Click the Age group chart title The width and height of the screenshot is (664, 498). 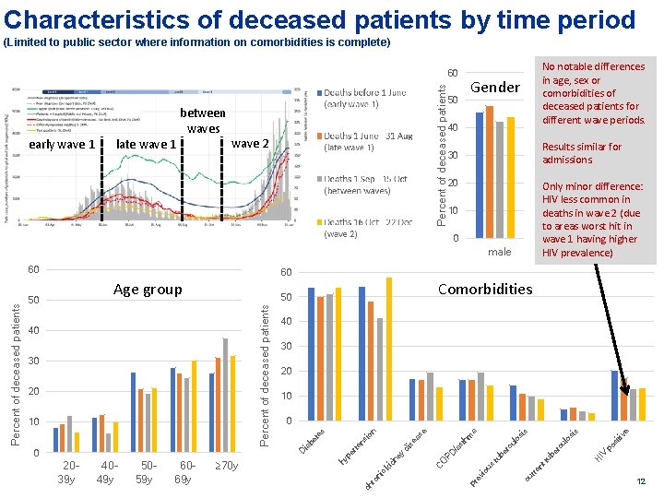pos(148,290)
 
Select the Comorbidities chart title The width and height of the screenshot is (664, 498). pos(485,289)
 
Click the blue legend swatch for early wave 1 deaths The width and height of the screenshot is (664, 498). pos(318,93)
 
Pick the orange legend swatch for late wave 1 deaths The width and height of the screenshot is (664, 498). pos(318,136)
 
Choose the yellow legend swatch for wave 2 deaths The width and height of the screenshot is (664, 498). pos(318,222)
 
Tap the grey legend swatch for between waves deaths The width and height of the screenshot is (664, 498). pos(318,179)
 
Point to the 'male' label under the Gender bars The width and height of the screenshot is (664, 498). pos(499,252)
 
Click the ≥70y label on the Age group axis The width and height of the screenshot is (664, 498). pos(226,466)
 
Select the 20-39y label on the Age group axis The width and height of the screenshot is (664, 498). pos(66,472)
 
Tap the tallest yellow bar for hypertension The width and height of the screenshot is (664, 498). pos(389,349)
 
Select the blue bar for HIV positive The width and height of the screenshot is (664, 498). pos(615,396)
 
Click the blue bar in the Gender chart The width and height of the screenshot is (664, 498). pos(479,175)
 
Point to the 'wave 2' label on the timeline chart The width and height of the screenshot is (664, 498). pos(249,144)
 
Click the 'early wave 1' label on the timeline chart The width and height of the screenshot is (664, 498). pos(63,144)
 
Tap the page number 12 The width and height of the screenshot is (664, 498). pos(641,482)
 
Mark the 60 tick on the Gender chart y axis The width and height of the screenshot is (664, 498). pos(453,73)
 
